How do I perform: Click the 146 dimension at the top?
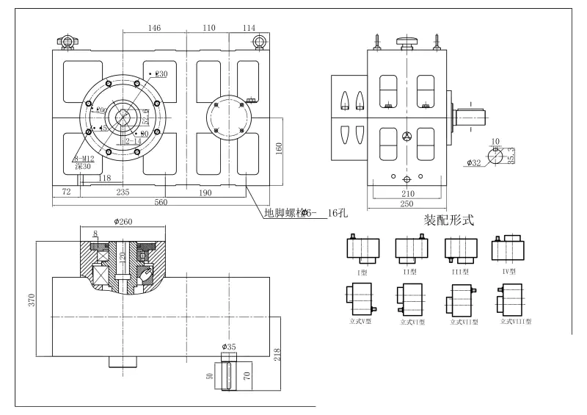(154, 28)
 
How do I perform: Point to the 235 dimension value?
(123, 192)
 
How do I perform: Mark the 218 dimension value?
(277, 354)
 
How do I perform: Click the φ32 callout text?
(473, 163)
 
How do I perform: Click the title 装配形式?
(449, 220)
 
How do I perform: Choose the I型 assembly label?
(362, 273)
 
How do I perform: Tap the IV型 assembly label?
(509, 271)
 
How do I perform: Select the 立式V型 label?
(359, 320)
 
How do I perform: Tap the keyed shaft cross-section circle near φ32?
(498, 155)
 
